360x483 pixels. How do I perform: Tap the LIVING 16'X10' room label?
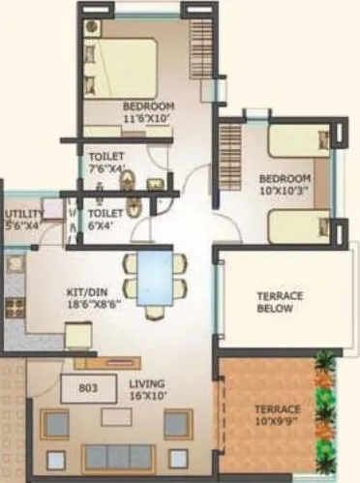[147, 389]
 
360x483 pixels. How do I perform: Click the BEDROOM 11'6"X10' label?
[148, 110]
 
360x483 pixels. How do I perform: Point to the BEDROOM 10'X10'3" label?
[285, 184]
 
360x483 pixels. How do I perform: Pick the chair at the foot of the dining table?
[156, 312]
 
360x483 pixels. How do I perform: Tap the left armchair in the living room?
[54, 424]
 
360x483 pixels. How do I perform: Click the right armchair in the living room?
[177, 424]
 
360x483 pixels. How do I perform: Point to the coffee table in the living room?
[116, 417]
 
